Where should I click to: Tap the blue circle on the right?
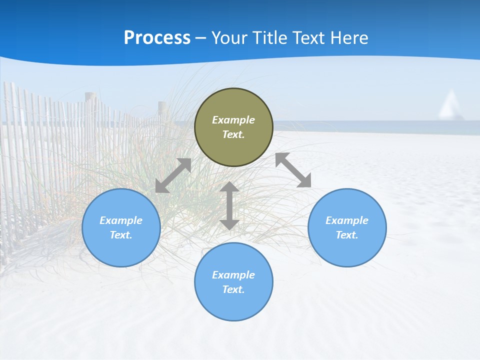click(347, 250)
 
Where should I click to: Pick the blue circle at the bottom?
click(233, 305)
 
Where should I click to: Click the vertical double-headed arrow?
click(229, 205)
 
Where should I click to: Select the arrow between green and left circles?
click(173, 175)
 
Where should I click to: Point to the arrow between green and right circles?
click(293, 170)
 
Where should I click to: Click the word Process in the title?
click(157, 38)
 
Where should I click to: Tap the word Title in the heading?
click(270, 38)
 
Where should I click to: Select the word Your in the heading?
click(229, 38)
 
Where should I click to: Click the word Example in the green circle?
click(233, 120)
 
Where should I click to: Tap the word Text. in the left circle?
click(121, 235)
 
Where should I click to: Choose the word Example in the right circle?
click(347, 220)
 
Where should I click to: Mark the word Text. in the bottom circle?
click(233, 289)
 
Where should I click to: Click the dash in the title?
click(200, 38)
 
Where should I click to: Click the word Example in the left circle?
click(121, 220)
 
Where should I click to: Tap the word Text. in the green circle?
click(233, 134)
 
